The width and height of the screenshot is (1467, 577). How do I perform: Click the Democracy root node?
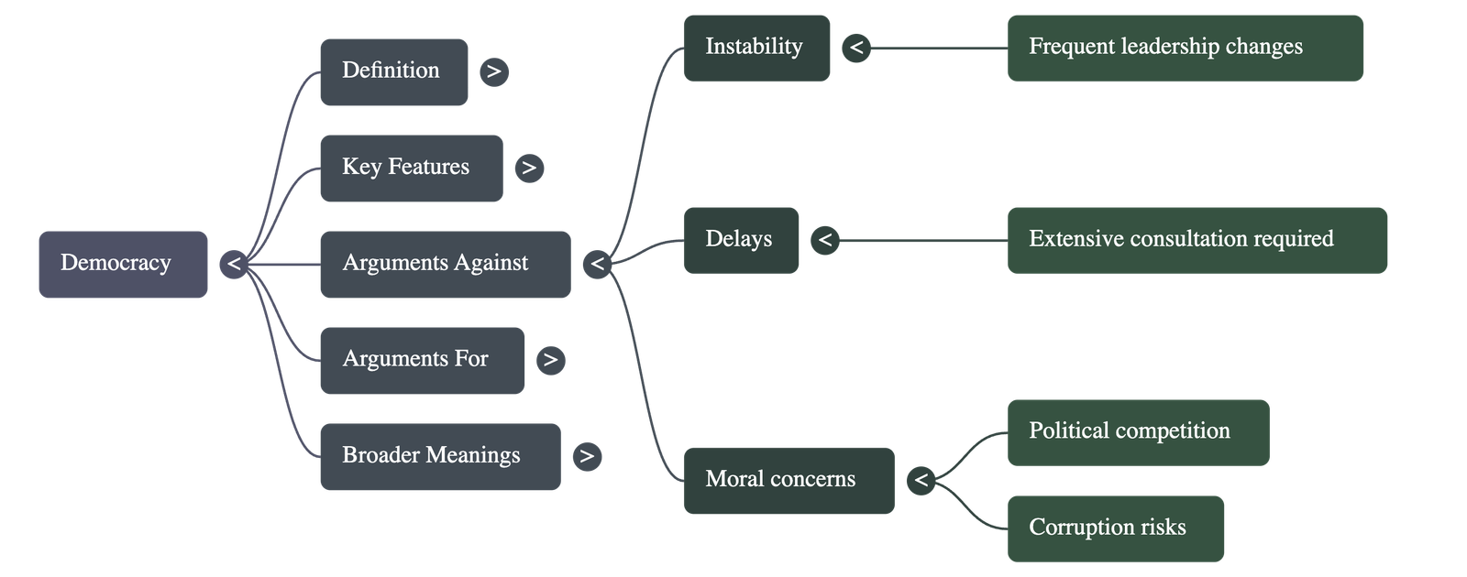[123, 264]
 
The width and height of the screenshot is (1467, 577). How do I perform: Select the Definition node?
[393, 71]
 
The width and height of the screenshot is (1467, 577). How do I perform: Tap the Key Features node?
[411, 168]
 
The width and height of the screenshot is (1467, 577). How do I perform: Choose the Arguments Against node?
[445, 264]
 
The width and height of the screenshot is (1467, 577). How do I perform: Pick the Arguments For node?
[422, 360]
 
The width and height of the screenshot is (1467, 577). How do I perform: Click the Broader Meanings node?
[440, 456]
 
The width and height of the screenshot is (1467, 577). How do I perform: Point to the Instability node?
[756, 48]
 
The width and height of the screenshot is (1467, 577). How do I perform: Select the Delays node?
[741, 240]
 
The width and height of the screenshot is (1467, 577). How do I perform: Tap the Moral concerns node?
[789, 480]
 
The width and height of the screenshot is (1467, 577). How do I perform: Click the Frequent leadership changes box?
[1185, 48]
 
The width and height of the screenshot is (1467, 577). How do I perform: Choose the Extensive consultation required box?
[1197, 240]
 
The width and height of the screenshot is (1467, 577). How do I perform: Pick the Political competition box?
[1138, 432]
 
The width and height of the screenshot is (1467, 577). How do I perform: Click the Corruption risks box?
[1116, 528]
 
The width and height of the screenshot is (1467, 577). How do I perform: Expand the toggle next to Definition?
[494, 71]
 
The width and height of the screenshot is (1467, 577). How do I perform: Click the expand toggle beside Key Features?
[529, 168]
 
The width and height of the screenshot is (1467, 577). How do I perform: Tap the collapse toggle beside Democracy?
[235, 265]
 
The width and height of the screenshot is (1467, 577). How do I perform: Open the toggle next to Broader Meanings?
[587, 456]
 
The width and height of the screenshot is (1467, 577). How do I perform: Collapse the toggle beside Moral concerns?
[921, 480]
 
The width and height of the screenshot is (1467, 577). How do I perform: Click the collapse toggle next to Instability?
[856, 48]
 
